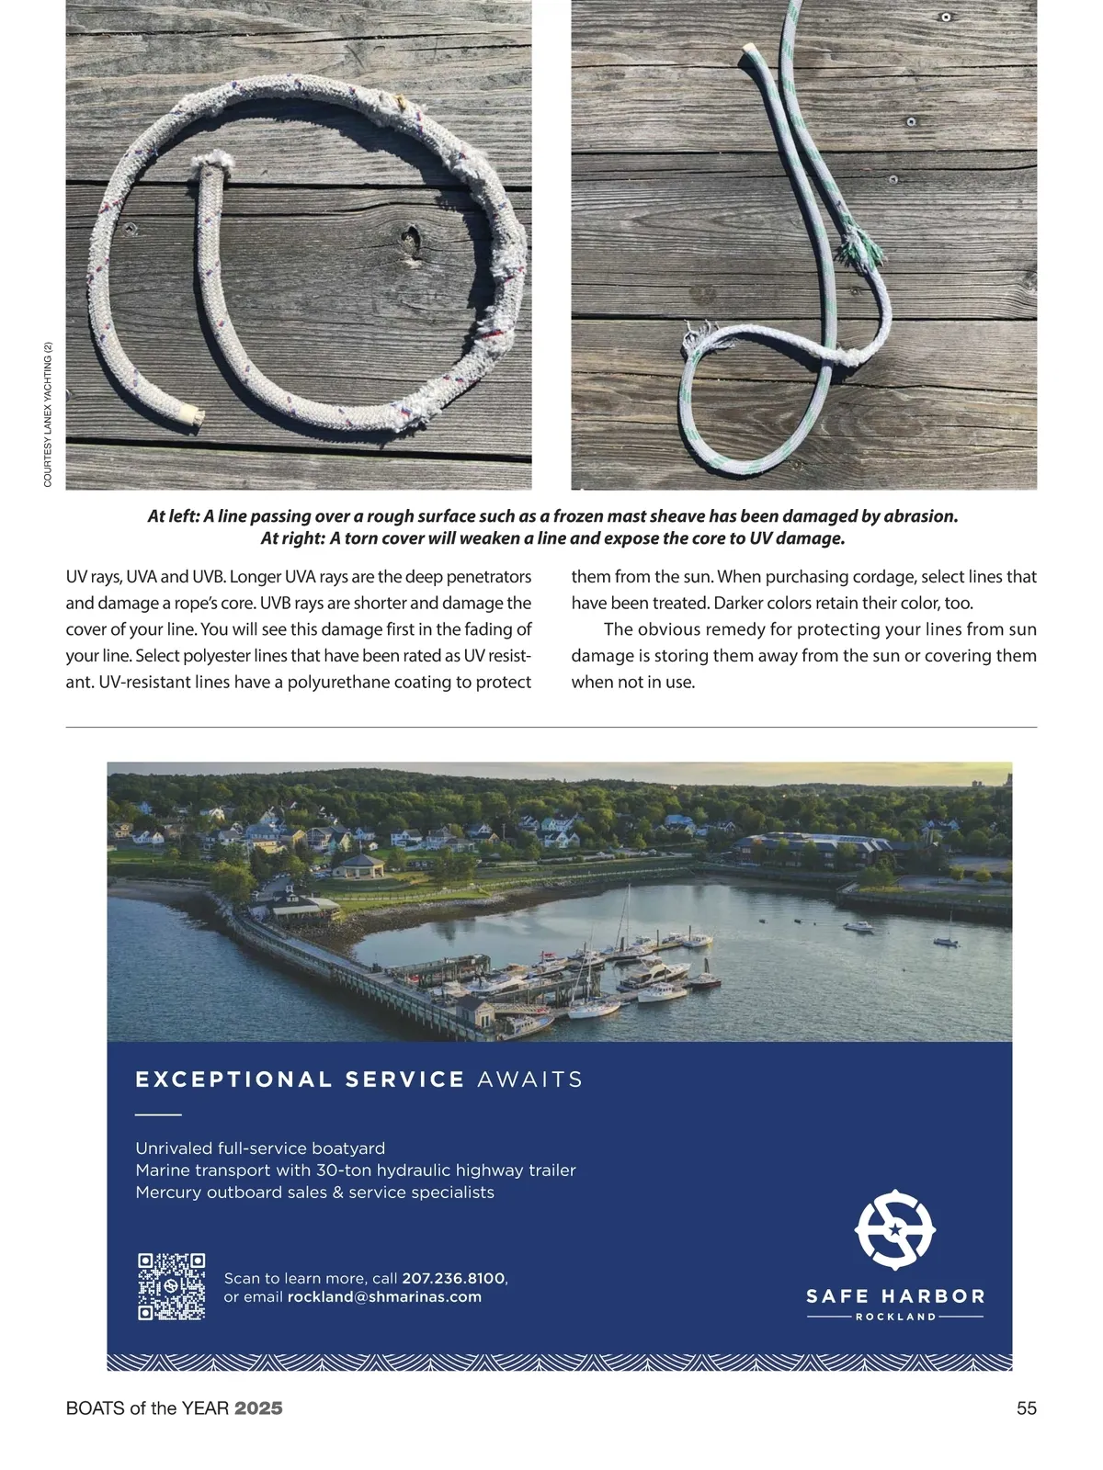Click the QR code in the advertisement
click(171, 1286)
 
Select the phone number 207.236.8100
click(453, 1278)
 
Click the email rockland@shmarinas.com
click(384, 1297)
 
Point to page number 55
click(1026, 1408)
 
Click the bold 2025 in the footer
click(258, 1408)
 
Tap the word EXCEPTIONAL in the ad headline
click(233, 1080)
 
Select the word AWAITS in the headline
click(530, 1080)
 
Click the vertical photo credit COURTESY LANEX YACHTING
click(48, 413)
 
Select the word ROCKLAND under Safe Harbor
click(895, 1317)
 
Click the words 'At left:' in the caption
click(174, 516)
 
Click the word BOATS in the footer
click(95, 1408)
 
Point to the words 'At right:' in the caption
click(287, 538)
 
